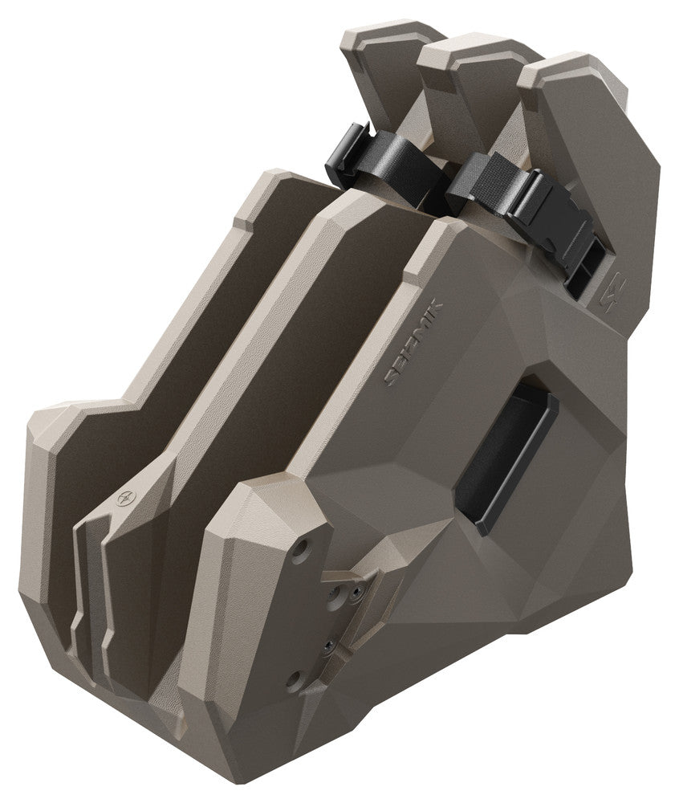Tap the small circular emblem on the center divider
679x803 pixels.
[x=124, y=498]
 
